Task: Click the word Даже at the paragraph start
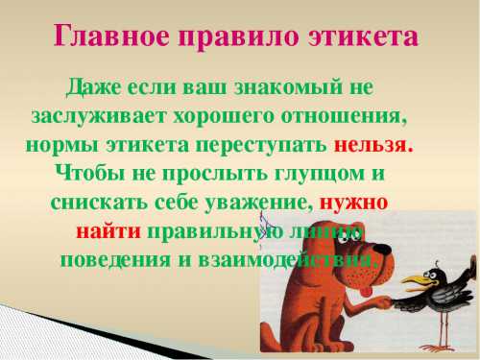point(94,87)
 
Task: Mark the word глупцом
point(304,175)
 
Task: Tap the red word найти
point(108,232)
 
